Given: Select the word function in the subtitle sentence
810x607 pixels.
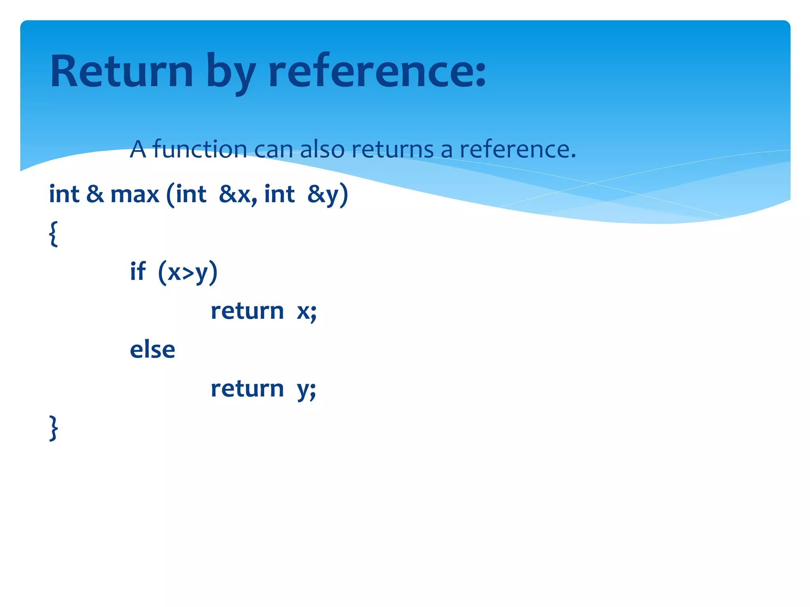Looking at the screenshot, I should [x=200, y=149].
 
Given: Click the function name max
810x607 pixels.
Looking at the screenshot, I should [x=134, y=195].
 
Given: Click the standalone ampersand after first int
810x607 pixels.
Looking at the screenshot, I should [x=95, y=194].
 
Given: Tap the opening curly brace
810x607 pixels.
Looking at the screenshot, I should [x=53, y=234].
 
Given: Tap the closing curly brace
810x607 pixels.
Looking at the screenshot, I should [x=53, y=428].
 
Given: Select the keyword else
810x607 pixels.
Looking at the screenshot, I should [x=152, y=349].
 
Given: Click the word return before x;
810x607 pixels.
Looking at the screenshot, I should [x=247, y=311].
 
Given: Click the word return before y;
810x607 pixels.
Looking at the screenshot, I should [x=247, y=388].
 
